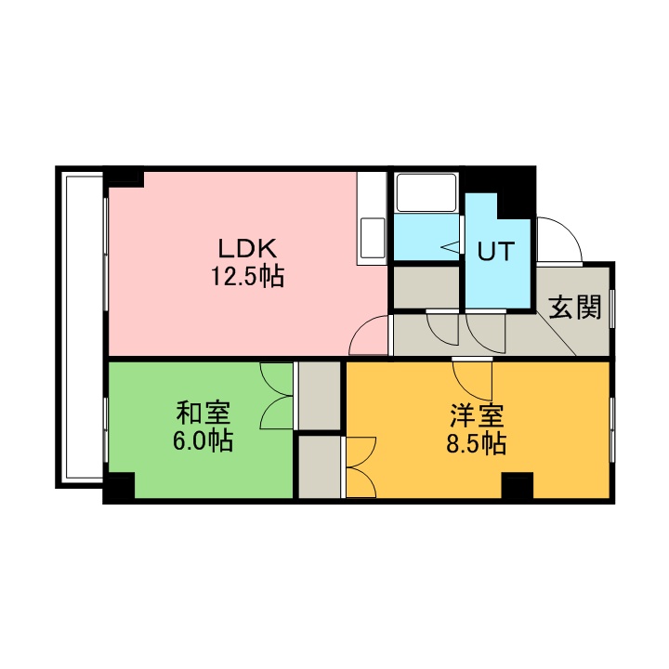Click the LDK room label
click(x=247, y=249)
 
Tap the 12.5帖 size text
click(x=247, y=277)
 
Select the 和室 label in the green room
click(x=203, y=413)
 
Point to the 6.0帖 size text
click(x=203, y=440)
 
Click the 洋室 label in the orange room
click(x=477, y=415)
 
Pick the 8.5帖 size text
click(x=477, y=444)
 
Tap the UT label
click(x=496, y=251)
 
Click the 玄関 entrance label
click(x=575, y=307)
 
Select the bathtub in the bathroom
click(x=426, y=192)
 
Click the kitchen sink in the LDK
click(x=373, y=238)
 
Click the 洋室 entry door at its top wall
click(x=472, y=360)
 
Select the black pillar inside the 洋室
click(x=518, y=485)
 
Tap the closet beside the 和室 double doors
click(x=319, y=396)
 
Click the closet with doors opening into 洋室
click(x=319, y=466)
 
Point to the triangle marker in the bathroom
click(x=450, y=246)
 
